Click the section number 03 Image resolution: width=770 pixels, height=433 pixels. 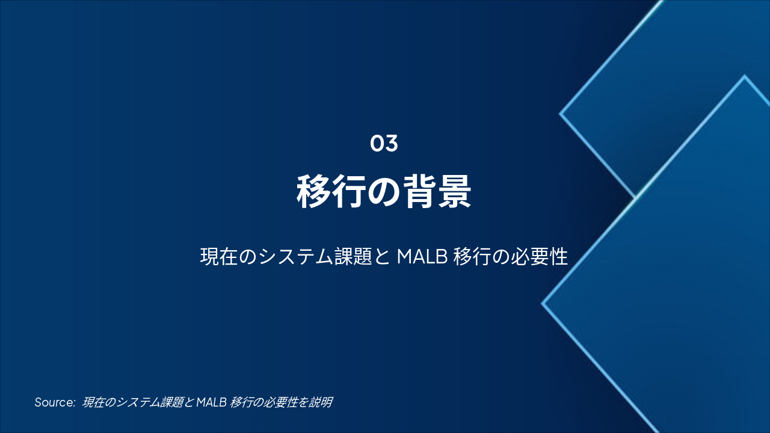point(384,144)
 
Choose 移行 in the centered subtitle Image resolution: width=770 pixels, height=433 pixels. point(473,257)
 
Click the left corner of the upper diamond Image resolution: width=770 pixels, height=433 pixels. point(561,113)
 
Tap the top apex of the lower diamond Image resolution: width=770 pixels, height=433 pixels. point(745,76)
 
